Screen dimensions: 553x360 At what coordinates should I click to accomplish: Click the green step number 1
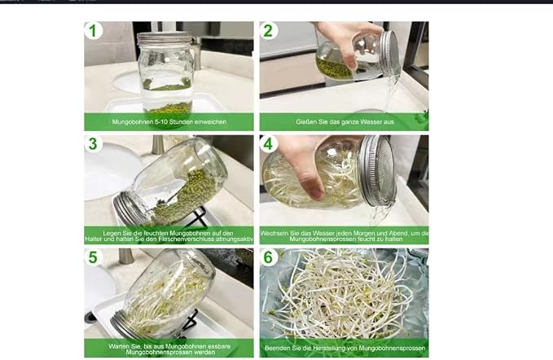tap(93, 31)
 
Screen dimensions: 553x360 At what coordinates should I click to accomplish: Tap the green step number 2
tap(268, 31)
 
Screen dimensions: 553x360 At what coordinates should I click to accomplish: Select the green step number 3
tap(93, 144)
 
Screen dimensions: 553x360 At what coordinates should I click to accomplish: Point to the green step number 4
tap(268, 144)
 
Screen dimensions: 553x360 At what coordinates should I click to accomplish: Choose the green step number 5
tap(93, 257)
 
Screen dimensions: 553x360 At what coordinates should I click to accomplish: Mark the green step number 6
tap(268, 257)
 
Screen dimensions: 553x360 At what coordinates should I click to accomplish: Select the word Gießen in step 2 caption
tap(305, 122)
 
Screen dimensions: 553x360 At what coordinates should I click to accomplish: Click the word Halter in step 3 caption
tap(93, 239)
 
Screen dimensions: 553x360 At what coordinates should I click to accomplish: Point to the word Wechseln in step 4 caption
tap(272, 234)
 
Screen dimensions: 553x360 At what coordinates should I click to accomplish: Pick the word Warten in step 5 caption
tap(118, 347)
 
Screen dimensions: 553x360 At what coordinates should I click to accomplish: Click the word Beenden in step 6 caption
tap(275, 349)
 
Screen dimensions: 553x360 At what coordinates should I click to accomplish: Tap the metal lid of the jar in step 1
tap(164, 39)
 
